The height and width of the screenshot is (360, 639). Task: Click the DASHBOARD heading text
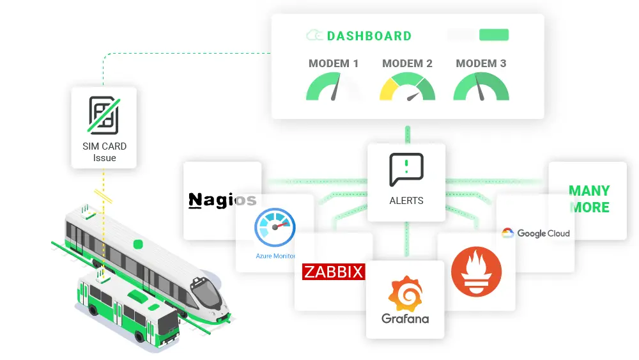coord(369,36)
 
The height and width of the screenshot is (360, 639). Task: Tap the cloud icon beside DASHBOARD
coord(314,36)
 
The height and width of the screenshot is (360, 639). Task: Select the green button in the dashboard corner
coord(493,35)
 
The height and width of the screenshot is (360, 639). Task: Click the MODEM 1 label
coord(334,63)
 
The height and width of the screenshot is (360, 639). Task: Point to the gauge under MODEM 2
coord(407,88)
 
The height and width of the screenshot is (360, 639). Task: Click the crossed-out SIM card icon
coord(104,114)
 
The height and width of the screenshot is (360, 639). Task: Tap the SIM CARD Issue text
coord(104,152)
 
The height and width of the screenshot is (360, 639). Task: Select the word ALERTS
coord(406,200)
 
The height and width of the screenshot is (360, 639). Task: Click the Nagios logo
coord(222,200)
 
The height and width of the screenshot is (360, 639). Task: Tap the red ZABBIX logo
coord(333,272)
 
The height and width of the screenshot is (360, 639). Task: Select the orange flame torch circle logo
coord(476,272)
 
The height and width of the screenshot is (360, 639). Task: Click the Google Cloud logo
coord(535,233)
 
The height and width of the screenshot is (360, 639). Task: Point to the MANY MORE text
coord(589,199)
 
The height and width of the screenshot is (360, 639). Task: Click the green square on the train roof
coord(137,244)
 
